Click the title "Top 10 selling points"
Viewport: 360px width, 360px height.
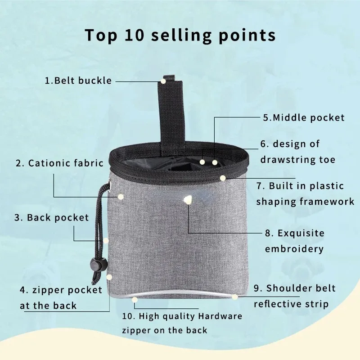(180, 35)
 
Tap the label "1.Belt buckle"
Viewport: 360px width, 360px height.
(78, 81)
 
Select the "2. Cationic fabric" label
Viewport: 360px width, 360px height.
(59, 163)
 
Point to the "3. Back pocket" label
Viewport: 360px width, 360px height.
(52, 218)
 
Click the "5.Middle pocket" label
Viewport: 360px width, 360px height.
(304, 118)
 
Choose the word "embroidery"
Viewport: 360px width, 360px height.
(294, 249)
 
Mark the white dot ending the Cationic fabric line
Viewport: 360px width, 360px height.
(121, 196)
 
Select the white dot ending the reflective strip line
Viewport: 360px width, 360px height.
(235, 297)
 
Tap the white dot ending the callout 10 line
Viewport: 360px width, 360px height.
(135, 299)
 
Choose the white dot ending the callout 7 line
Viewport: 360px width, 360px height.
(222, 178)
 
